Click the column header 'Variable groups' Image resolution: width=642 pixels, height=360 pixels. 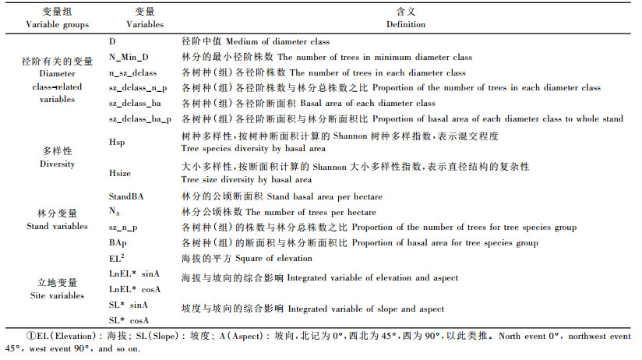51,24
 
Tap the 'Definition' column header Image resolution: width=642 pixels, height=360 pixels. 406,24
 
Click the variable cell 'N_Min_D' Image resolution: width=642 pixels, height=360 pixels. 129,57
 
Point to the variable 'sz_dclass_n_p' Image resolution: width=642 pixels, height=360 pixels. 138,88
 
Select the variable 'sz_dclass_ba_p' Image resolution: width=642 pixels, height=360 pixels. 140,119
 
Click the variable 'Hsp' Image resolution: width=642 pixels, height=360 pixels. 116,142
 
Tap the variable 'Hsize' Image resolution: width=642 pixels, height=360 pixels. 119,173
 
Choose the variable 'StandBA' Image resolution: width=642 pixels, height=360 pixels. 125,196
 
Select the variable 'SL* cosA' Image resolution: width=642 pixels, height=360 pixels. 129,320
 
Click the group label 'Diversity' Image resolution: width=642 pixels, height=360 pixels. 56,164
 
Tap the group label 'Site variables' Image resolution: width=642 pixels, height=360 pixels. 56,296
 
